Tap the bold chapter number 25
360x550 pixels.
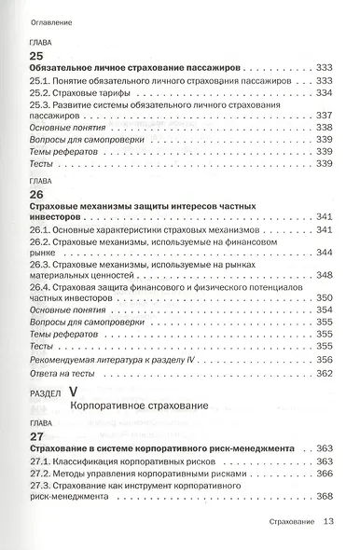(x=38, y=56)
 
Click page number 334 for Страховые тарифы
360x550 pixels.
(x=325, y=93)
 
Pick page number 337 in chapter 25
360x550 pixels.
(x=325, y=115)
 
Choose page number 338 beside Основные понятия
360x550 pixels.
(x=325, y=127)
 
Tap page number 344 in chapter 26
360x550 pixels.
(x=325, y=252)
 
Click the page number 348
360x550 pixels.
(x=325, y=275)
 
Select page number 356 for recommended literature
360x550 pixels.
(x=325, y=359)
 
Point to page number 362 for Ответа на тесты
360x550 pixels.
(x=325, y=373)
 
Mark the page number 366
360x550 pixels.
(x=325, y=473)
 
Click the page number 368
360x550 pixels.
(x=325, y=496)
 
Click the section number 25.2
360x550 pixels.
(x=43, y=93)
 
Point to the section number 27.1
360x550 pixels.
(x=43, y=461)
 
